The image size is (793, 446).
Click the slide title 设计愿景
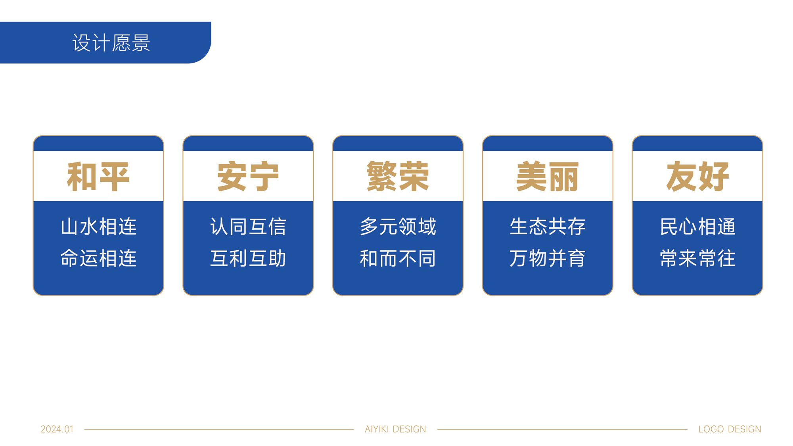point(111,43)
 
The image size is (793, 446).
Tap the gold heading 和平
point(98,177)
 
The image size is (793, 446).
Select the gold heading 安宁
point(248,177)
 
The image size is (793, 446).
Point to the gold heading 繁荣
point(398,177)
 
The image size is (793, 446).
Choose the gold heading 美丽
point(548,177)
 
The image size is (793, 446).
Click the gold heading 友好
point(697,177)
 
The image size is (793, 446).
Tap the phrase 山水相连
point(98,227)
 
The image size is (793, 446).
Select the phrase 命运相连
point(98,258)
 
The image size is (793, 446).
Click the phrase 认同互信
point(248,227)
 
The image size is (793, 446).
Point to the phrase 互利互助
point(248,258)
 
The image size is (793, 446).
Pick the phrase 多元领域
point(398,227)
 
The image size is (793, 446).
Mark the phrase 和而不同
point(398,258)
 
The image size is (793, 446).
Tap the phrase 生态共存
point(548,227)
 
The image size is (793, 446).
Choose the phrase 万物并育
point(548,258)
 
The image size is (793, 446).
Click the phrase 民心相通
point(697,227)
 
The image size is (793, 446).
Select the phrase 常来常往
point(697,258)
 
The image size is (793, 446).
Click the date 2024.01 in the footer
point(57,429)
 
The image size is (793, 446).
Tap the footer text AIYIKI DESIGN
point(395,429)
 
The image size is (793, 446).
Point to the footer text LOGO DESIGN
point(730,429)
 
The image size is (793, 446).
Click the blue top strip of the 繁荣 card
point(398,143)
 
